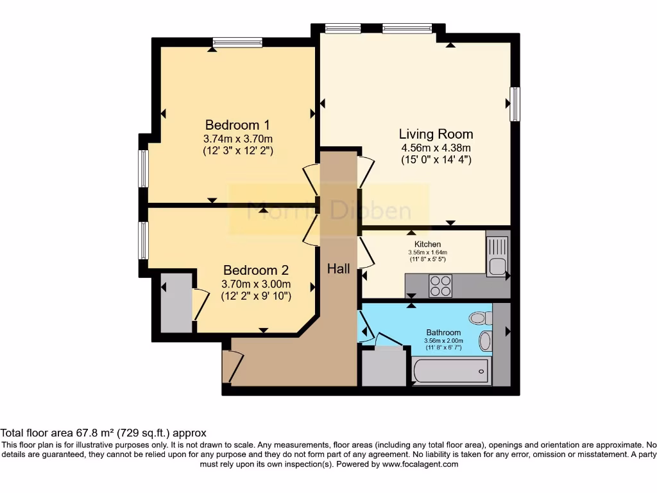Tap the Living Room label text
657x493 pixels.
pyautogui.click(x=436, y=134)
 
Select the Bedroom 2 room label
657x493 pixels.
pyautogui.click(x=255, y=270)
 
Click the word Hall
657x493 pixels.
pyautogui.click(x=339, y=268)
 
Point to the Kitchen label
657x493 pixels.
pyautogui.click(x=427, y=244)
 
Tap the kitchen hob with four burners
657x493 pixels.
pyautogui.click(x=440, y=286)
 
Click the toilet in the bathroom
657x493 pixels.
pyautogui.click(x=480, y=318)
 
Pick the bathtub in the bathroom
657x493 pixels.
pyautogui.click(x=450, y=372)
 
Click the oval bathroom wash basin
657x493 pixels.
pyautogui.click(x=485, y=341)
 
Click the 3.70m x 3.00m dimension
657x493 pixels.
pyautogui.click(x=256, y=284)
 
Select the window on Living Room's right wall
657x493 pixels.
pyautogui.click(x=515, y=104)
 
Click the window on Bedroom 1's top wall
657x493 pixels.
pyautogui.click(x=237, y=42)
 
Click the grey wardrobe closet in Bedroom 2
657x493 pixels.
pyautogui.click(x=176, y=302)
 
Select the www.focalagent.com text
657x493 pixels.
pyautogui.click(x=420, y=464)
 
